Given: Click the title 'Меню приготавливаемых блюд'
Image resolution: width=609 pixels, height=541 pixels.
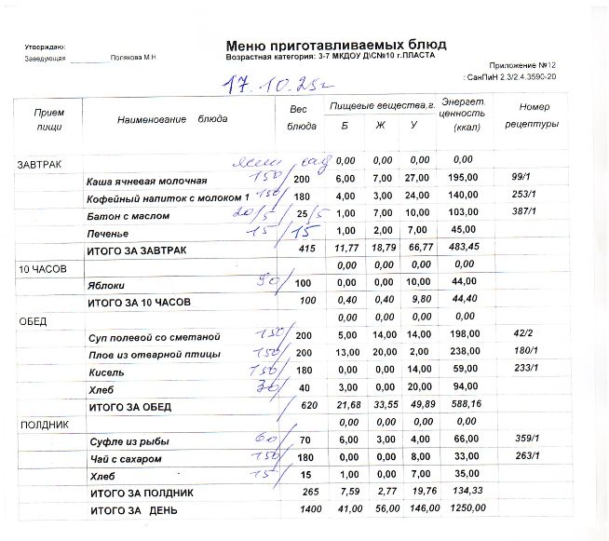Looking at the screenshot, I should (335, 45).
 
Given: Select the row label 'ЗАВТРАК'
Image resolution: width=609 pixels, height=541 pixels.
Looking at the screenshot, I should (39, 164).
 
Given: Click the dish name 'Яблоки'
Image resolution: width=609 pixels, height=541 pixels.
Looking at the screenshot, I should (105, 285).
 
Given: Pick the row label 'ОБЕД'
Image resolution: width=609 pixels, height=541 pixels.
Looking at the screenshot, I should (33, 320).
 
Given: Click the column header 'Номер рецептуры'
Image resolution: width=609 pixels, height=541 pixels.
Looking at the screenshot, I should (534, 115).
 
